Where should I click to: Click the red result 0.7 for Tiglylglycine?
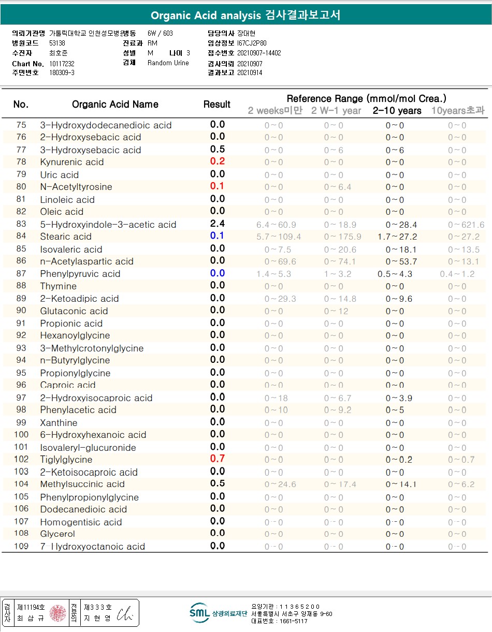tap(218, 459)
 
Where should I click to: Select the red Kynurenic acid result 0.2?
tap(218, 161)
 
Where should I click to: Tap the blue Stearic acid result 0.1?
tap(218, 236)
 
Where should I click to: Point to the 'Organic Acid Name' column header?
tap(115, 105)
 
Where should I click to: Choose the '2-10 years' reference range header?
tap(397, 110)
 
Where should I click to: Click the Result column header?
tap(217, 105)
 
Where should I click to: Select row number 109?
tap(21, 546)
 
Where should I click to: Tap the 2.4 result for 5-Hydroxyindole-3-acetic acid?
tap(218, 224)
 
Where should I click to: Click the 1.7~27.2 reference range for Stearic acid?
tap(397, 237)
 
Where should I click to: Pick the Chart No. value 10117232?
tap(62, 63)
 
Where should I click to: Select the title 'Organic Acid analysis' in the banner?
tap(206, 16)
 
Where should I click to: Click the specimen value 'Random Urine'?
tap(168, 63)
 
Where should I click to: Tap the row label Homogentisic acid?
tap(81, 522)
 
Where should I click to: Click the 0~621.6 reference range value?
tap(466, 225)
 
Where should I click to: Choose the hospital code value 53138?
tap(57, 43)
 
